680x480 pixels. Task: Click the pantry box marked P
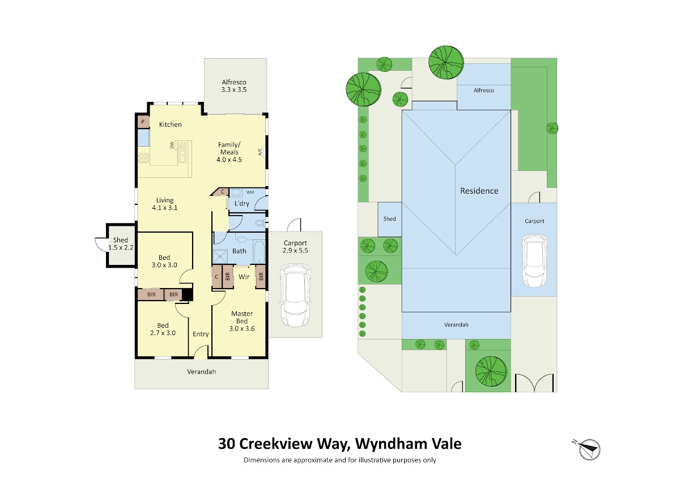click(143, 122)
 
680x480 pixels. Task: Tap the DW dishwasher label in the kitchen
click(172, 145)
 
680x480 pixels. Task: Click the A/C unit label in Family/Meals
click(260, 151)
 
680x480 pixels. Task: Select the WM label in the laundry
click(250, 192)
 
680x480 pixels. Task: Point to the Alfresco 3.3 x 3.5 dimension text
click(234, 90)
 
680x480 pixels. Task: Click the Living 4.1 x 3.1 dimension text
click(165, 208)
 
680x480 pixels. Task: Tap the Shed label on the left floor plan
click(121, 240)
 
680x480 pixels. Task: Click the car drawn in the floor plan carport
click(295, 295)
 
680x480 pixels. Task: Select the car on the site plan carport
click(534, 261)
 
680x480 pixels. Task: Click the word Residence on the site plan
click(479, 191)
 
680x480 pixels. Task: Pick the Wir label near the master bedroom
click(244, 277)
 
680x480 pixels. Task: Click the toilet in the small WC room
click(260, 223)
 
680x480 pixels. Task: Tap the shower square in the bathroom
click(220, 256)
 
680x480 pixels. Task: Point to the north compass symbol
click(588, 449)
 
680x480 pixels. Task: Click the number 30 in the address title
click(226, 444)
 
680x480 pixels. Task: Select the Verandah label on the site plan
click(456, 324)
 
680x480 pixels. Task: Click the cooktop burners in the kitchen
click(143, 158)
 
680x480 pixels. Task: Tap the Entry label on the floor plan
click(201, 334)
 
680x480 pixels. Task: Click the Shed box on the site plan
click(389, 220)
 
